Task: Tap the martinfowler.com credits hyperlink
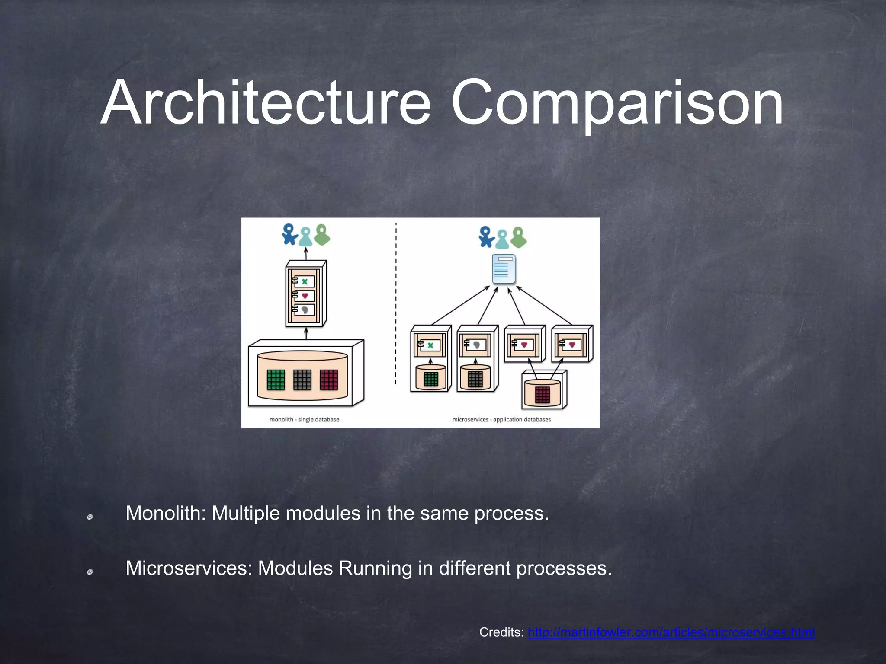671,632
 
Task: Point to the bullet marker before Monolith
90,517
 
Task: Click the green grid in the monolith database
276,380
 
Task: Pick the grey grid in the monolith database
302,380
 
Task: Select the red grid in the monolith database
328,380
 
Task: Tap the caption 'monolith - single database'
304,419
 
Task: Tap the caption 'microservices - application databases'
501,419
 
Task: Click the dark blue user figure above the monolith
289,234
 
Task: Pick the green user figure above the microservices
519,236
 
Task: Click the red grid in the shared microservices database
542,395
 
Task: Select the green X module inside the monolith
305,281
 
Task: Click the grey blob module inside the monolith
305,310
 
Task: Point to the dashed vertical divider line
396,303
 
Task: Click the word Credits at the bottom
501,632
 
